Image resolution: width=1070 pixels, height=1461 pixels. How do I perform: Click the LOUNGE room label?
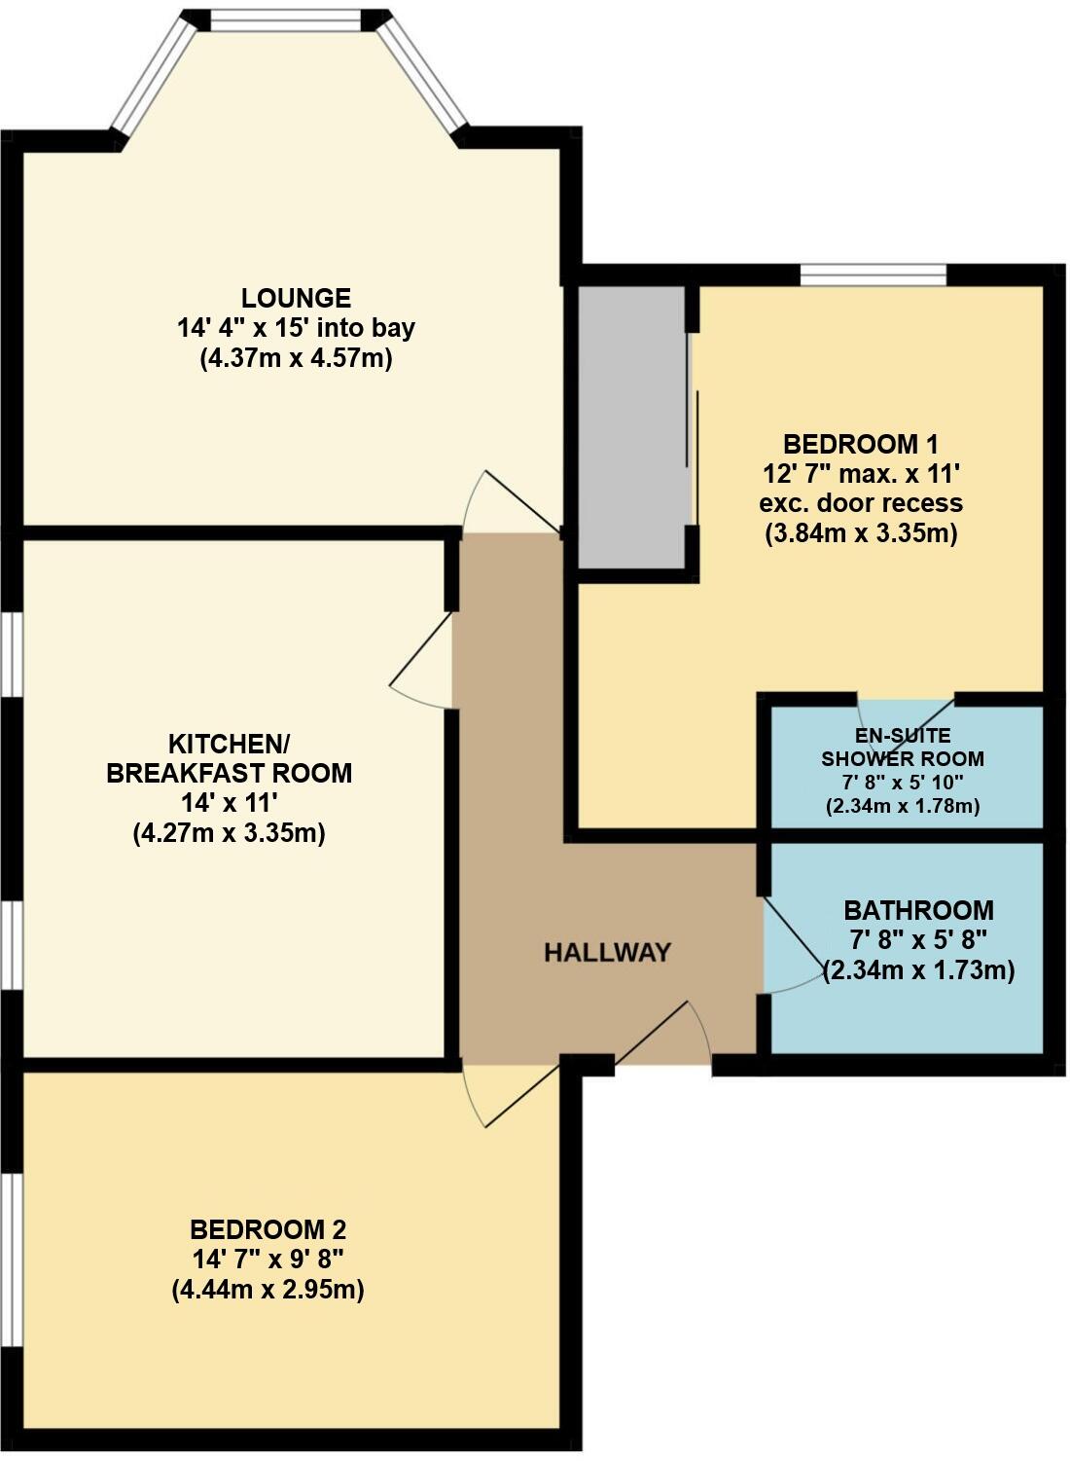pyautogui.click(x=296, y=298)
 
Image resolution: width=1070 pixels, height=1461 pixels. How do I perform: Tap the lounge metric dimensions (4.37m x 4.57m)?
pyautogui.click(x=296, y=359)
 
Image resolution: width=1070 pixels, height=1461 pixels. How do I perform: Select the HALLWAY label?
pyautogui.click(x=607, y=952)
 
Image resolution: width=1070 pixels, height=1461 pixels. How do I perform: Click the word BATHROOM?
pyautogui.click(x=918, y=911)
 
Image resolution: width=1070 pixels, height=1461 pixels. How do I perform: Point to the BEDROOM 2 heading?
pyautogui.click(x=267, y=1228)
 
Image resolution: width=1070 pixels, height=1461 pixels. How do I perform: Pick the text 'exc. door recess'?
pyautogui.click(x=860, y=503)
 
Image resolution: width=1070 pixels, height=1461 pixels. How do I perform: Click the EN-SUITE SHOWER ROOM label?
pyautogui.click(x=902, y=747)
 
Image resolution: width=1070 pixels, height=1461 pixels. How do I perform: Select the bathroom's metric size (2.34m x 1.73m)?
pyautogui.click(x=919, y=971)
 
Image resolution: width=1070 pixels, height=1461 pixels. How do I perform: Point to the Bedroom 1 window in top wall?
pyautogui.click(x=873, y=275)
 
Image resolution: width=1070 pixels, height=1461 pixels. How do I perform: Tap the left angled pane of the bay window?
pyautogui.click(x=153, y=74)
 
